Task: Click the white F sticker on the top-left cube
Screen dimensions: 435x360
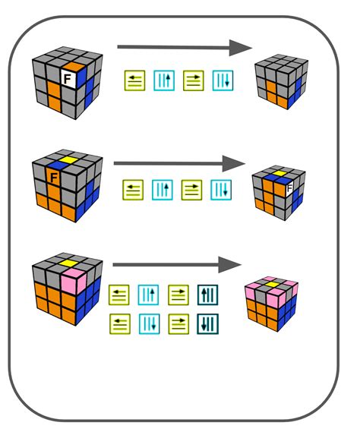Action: point(68,77)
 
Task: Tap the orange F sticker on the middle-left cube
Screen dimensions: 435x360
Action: point(54,179)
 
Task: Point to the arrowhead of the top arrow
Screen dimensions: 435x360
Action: point(241,48)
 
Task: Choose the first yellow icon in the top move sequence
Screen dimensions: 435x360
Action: point(135,81)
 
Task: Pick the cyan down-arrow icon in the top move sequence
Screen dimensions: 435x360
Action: point(223,81)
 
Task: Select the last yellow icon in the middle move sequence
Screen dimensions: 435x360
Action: point(193,189)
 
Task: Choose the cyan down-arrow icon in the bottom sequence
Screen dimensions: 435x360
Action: point(149,324)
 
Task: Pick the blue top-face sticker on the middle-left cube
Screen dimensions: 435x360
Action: point(55,163)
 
